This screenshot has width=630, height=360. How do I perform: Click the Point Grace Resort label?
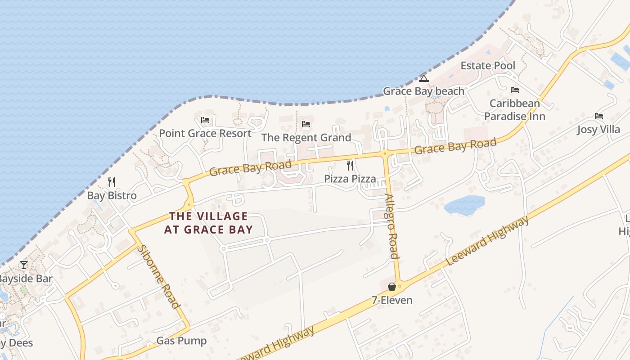205,134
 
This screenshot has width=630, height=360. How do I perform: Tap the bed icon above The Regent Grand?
306,124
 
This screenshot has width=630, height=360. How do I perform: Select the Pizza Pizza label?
350,179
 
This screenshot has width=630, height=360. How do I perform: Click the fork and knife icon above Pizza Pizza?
350,166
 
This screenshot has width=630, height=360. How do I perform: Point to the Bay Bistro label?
112,196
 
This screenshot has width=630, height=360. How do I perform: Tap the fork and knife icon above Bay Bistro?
112,182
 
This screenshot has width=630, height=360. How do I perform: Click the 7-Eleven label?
392,300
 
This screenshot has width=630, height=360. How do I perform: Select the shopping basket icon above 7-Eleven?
392,287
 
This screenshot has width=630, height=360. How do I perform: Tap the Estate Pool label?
488,66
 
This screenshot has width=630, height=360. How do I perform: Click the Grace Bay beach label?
423,91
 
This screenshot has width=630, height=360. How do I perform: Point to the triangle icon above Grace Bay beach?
423,79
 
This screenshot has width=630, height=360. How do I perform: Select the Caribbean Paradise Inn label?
514,110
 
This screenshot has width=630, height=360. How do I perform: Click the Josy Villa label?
598,130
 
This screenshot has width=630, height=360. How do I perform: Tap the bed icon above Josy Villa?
598,116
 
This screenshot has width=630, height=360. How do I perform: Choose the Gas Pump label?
181,341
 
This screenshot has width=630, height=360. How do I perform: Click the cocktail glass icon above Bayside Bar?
24,265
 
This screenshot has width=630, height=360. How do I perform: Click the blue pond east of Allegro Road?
463,205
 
